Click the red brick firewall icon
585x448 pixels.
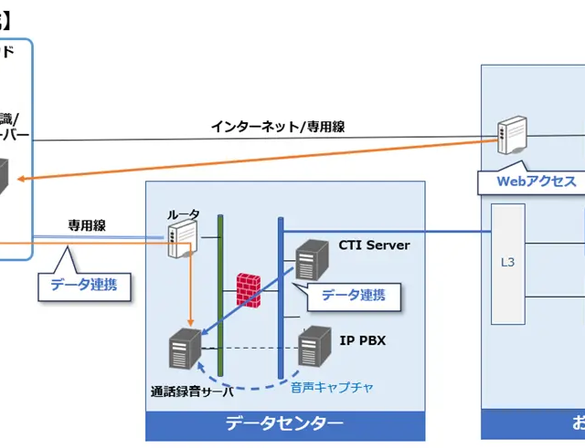coord(249,289)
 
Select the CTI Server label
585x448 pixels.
coord(374,245)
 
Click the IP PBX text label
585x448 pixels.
coord(363,340)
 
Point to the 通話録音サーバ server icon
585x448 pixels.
coord(185,349)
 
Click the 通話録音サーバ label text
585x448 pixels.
coord(192,391)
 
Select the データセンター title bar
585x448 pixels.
coord(285,423)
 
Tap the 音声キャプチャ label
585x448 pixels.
coord(332,387)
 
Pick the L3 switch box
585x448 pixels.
coord(508,263)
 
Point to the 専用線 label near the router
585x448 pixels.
coord(87,224)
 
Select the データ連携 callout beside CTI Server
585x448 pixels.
coord(353,294)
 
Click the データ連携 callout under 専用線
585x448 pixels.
coord(83,284)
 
